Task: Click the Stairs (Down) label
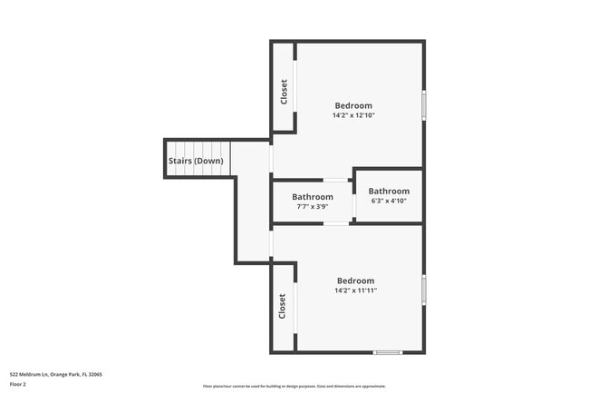point(195,161)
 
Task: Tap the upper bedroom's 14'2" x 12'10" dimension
point(353,116)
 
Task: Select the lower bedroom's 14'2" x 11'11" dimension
point(355,291)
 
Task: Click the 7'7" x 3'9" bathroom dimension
point(312,207)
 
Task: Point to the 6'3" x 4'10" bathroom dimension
point(389,202)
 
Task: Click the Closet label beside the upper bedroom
point(285,92)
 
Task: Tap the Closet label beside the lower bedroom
point(283,306)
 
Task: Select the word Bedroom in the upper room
point(353,105)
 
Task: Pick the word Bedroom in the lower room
point(355,281)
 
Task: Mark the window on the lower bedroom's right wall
point(423,289)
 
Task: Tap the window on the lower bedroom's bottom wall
point(388,352)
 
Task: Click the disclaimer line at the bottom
point(294,386)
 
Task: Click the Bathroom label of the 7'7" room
point(312,197)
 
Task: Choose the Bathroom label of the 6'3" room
point(389,192)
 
